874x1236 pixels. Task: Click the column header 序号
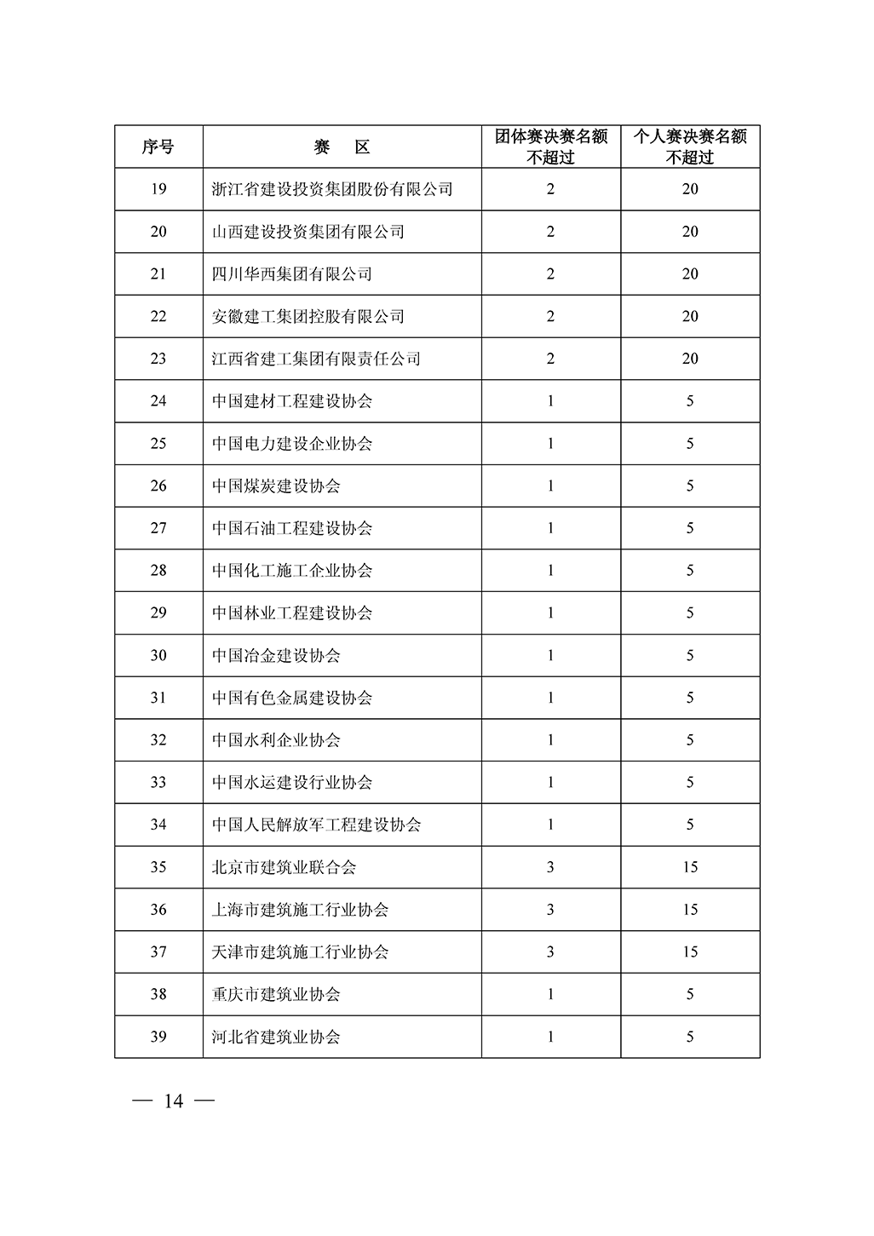pyautogui.click(x=158, y=147)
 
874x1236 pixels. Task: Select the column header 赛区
pyautogui.click(x=342, y=147)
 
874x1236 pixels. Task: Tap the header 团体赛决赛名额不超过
pyautogui.click(x=550, y=147)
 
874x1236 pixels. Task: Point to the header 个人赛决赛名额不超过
pyautogui.click(x=690, y=147)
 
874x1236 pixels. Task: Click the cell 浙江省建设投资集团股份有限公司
pyautogui.click(x=332, y=189)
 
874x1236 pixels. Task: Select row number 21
pyautogui.click(x=158, y=274)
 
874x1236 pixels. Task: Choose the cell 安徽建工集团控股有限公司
pyautogui.click(x=308, y=317)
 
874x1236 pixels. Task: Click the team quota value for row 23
pyautogui.click(x=550, y=359)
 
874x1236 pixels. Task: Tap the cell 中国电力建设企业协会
pyautogui.click(x=292, y=444)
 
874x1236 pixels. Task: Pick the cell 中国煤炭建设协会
pyautogui.click(x=276, y=486)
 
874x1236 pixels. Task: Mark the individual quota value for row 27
pyautogui.click(x=690, y=528)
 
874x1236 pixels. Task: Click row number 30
pyautogui.click(x=158, y=656)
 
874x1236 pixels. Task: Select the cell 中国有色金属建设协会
pyautogui.click(x=292, y=698)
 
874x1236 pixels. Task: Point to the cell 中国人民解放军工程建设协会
pyautogui.click(x=316, y=825)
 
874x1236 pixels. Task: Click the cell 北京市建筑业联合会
pyautogui.click(x=284, y=868)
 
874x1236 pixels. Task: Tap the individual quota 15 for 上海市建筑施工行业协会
pyautogui.click(x=690, y=910)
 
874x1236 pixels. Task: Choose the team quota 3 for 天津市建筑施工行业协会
pyautogui.click(x=550, y=952)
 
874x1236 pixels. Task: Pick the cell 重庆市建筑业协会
pyautogui.click(x=276, y=995)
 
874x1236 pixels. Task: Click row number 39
pyautogui.click(x=158, y=1038)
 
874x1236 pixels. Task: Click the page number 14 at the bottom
pyautogui.click(x=174, y=1101)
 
